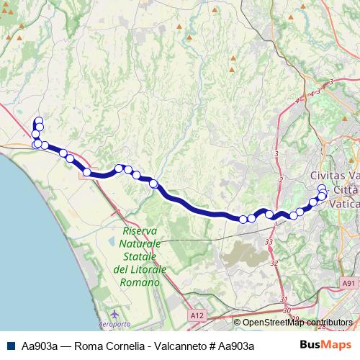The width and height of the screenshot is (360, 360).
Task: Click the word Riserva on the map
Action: pyautogui.click(x=140, y=232)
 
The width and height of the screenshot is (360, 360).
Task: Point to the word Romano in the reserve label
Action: pyautogui.click(x=140, y=282)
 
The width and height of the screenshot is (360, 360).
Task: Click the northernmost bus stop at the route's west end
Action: pyautogui.click(x=38, y=121)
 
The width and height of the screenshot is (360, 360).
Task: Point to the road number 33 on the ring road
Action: pyautogui.click(x=269, y=243)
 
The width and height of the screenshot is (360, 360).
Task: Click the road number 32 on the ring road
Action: pyautogui.click(x=274, y=264)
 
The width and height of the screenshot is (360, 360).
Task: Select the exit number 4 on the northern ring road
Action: pyautogui.click(x=297, y=102)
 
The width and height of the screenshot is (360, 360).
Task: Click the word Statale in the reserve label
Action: pyautogui.click(x=140, y=256)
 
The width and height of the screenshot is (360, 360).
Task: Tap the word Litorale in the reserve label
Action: pyautogui.click(x=146, y=269)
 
